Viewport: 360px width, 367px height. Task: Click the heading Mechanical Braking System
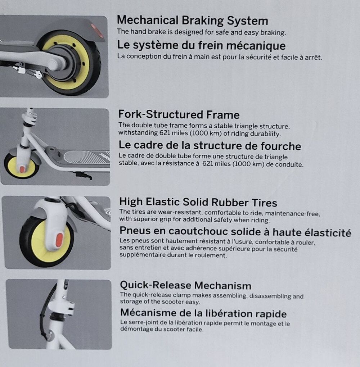click(x=192, y=21)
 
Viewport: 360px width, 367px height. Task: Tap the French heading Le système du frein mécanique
click(x=201, y=45)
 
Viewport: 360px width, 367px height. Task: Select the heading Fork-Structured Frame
click(x=179, y=114)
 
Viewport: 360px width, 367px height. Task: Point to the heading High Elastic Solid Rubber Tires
click(x=198, y=202)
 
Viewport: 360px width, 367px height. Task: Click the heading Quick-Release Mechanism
click(x=185, y=285)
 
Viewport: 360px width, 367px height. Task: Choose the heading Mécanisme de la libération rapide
click(x=203, y=313)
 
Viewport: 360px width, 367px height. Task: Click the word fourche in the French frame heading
click(x=281, y=146)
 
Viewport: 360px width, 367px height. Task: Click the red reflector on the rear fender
click(x=97, y=31)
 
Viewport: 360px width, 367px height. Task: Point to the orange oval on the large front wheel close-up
click(x=60, y=240)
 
